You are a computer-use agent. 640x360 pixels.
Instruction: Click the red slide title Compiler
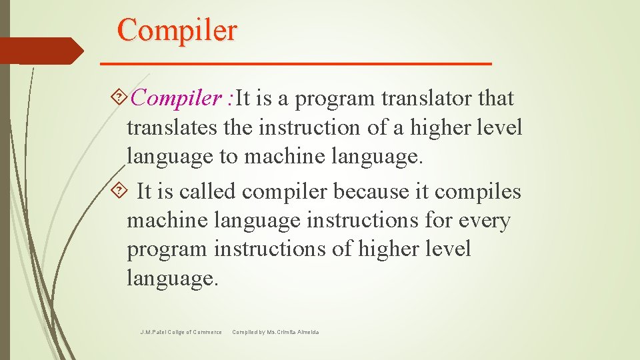click(x=177, y=30)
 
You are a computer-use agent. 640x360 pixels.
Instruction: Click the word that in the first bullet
click(x=497, y=99)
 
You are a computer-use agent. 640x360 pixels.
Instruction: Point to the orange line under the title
click(x=295, y=63)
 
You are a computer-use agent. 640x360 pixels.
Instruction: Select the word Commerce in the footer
click(x=207, y=332)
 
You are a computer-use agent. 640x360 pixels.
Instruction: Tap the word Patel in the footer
click(x=160, y=332)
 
